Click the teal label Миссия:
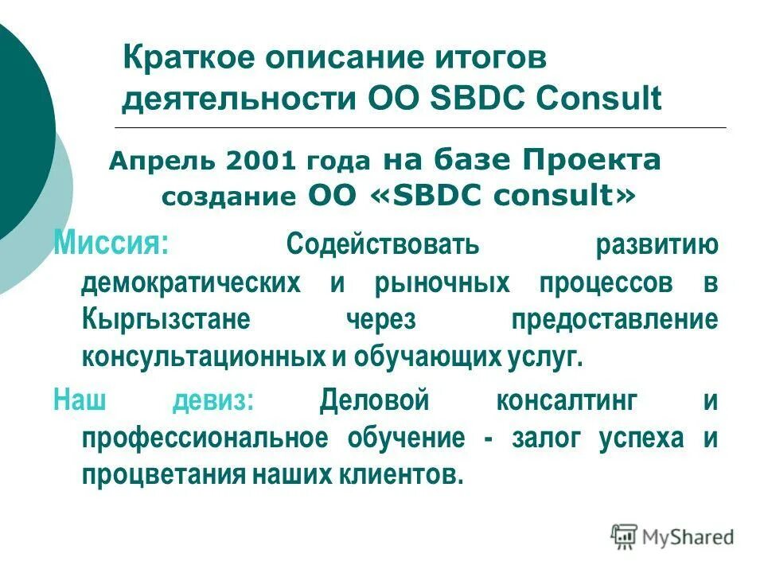pyautogui.click(x=111, y=241)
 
